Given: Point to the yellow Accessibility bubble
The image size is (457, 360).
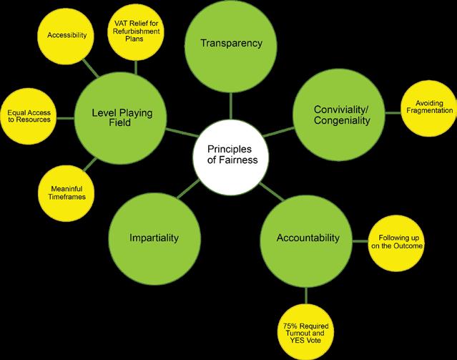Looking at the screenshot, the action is [x=66, y=34].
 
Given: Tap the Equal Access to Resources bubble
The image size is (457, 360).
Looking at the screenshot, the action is [x=29, y=115].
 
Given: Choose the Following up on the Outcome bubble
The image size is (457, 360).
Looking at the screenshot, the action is [x=396, y=242].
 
